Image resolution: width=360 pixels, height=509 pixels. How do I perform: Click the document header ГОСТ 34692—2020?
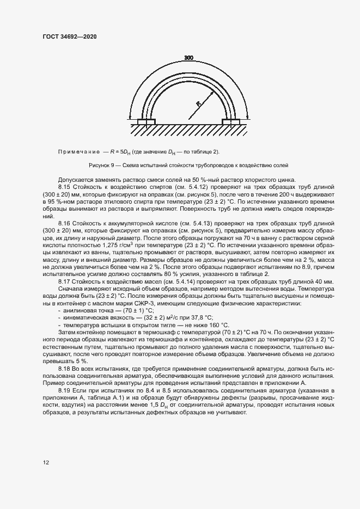pyautogui.click(x=70, y=36)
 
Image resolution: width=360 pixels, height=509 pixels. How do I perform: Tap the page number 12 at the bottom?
pyautogui.click(x=46, y=463)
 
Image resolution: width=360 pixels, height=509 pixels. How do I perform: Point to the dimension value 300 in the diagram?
pyautogui.click(x=188, y=58)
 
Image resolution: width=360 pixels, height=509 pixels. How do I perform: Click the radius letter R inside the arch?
pyautogui.click(x=199, y=102)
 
